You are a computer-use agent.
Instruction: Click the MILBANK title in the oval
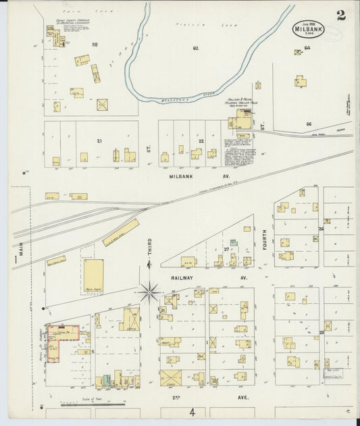[x=307, y=30]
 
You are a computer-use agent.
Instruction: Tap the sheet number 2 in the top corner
[x=341, y=15]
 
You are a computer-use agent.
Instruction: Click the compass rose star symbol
[x=149, y=292]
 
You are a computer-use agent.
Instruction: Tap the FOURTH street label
[x=265, y=239]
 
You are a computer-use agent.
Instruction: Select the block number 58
[x=95, y=45]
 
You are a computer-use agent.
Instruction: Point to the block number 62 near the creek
[x=196, y=48]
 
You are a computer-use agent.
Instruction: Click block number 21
[x=99, y=140]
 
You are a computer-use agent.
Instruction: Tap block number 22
[x=201, y=140]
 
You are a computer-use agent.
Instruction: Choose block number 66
[x=308, y=124]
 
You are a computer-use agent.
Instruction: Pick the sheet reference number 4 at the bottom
[x=192, y=412]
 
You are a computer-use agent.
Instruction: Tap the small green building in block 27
[x=233, y=242]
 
